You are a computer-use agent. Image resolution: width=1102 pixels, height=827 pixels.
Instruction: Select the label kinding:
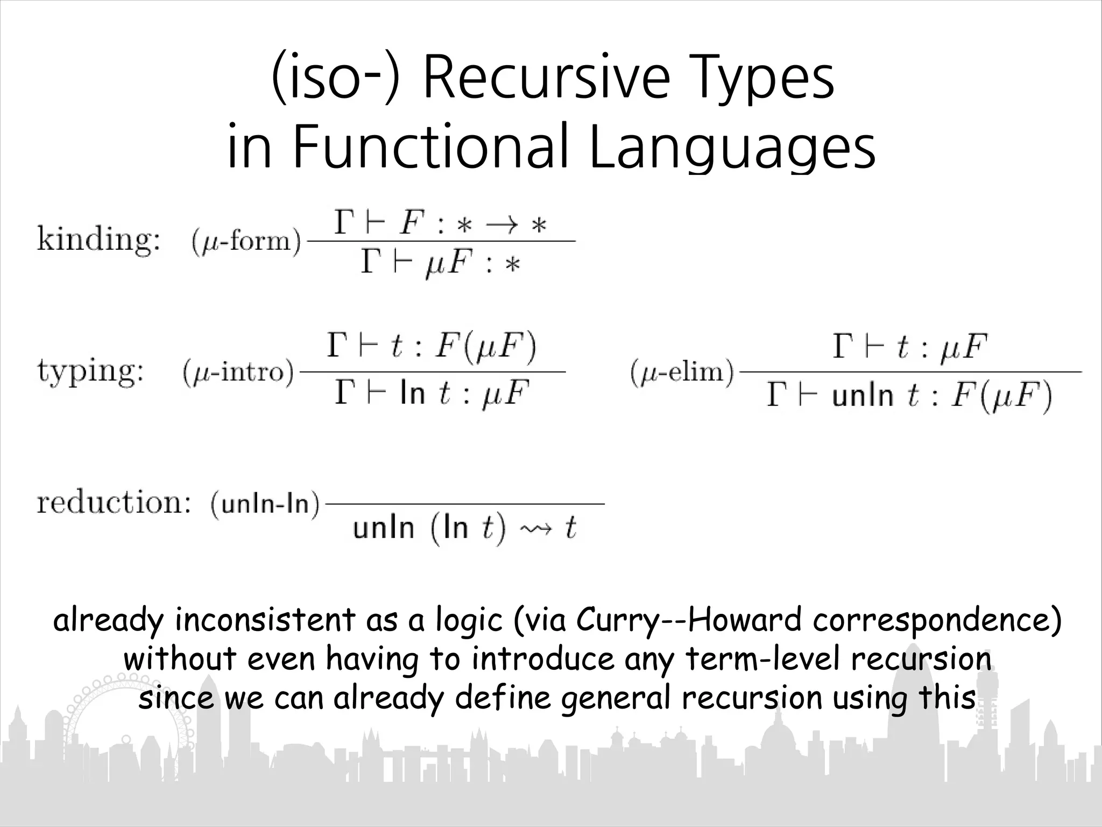click(x=98, y=239)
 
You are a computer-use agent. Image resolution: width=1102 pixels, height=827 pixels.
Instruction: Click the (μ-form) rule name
click(x=246, y=241)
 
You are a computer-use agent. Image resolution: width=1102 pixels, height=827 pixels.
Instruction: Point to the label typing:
click(x=90, y=372)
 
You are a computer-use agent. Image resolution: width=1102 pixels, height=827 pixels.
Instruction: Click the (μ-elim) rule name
click(x=682, y=372)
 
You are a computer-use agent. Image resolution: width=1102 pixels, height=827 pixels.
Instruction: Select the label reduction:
click(x=114, y=503)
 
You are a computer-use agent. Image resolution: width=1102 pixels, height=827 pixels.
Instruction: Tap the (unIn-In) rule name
click(x=265, y=504)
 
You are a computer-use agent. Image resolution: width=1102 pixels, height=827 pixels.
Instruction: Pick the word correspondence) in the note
click(x=937, y=620)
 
